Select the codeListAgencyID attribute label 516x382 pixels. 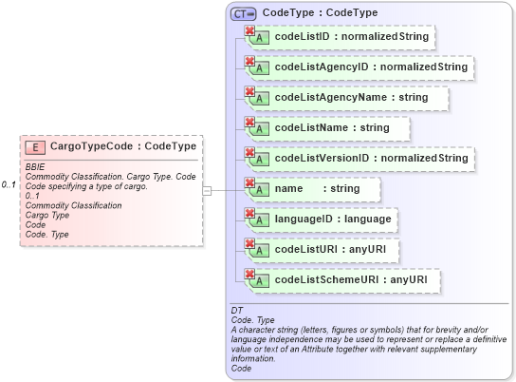(370, 68)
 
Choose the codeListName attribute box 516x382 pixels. (331, 128)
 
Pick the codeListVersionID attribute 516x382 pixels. (370, 159)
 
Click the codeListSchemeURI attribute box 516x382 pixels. (350, 280)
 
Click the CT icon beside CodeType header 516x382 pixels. (244, 13)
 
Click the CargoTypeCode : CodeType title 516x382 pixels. (123, 147)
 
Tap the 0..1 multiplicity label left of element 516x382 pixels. (9, 183)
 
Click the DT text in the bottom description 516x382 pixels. (237, 311)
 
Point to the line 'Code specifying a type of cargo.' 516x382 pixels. (85, 186)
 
